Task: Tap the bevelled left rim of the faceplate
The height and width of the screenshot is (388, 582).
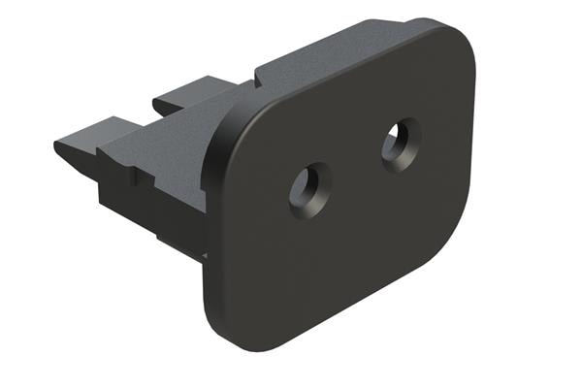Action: [215, 223]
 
